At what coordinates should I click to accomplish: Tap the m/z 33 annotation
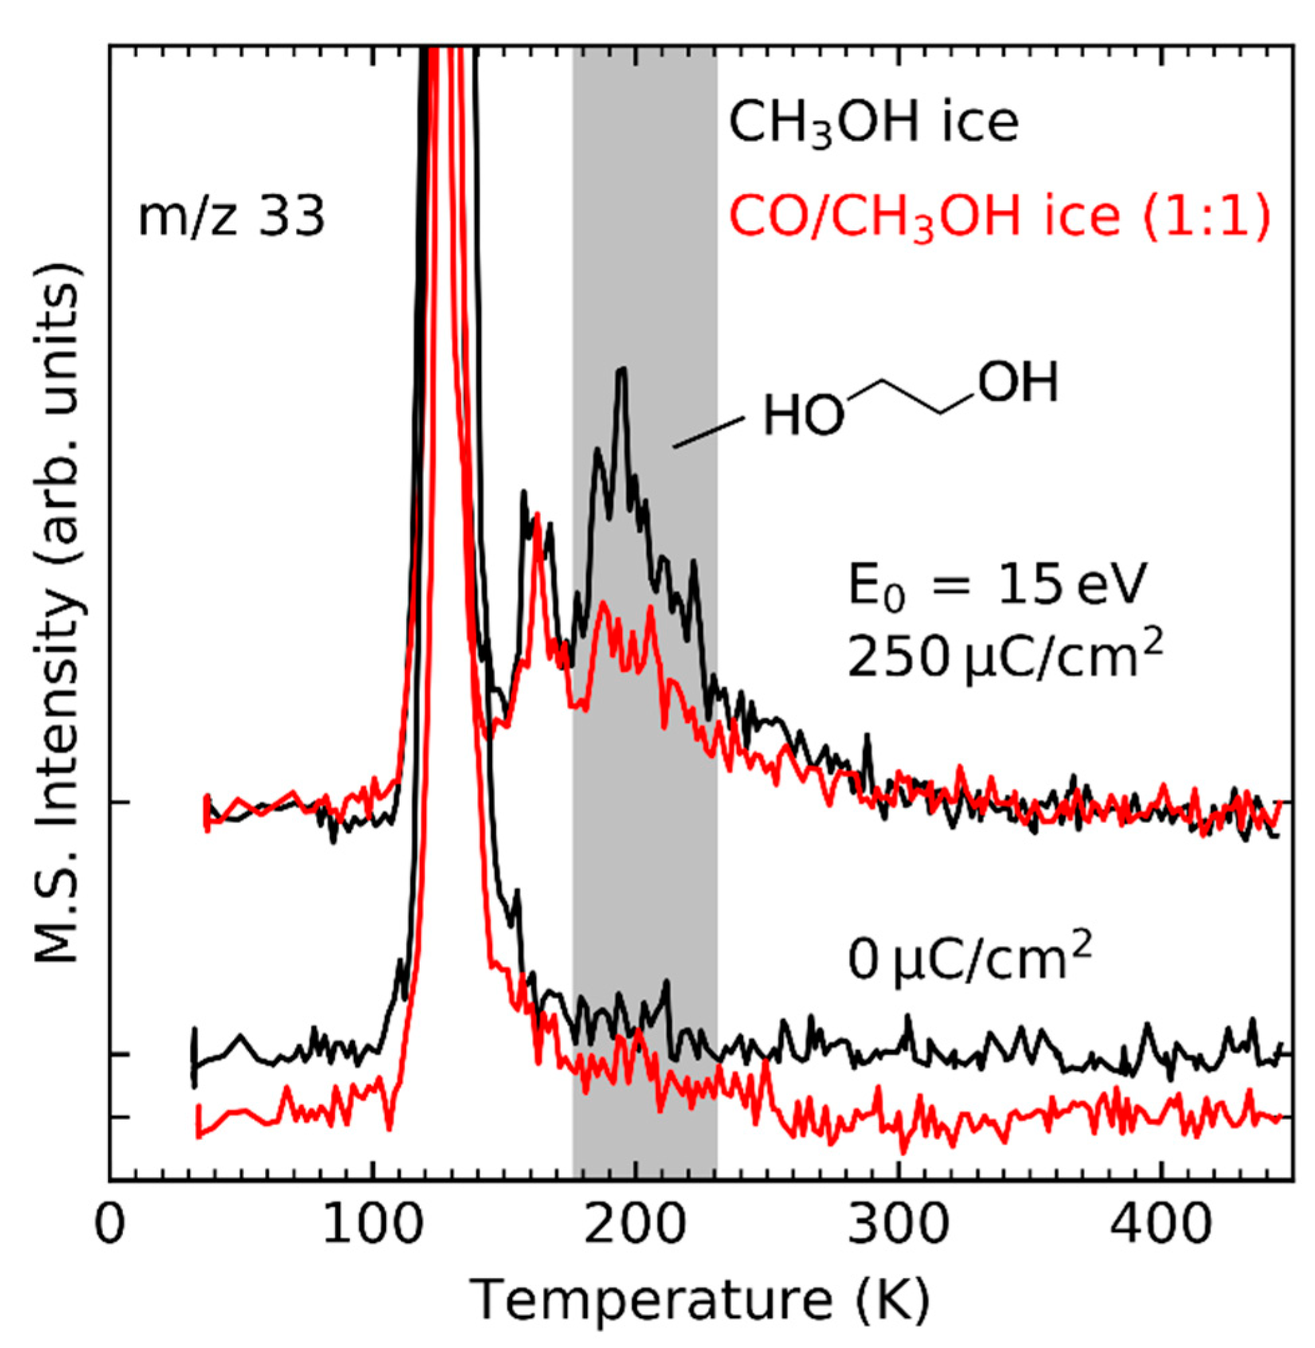(x=232, y=218)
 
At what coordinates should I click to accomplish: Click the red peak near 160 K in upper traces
(x=537, y=514)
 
